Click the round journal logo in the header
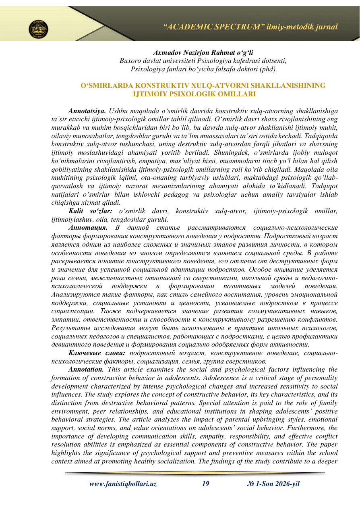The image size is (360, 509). point(38,29)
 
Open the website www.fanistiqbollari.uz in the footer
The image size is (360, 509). point(123,484)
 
